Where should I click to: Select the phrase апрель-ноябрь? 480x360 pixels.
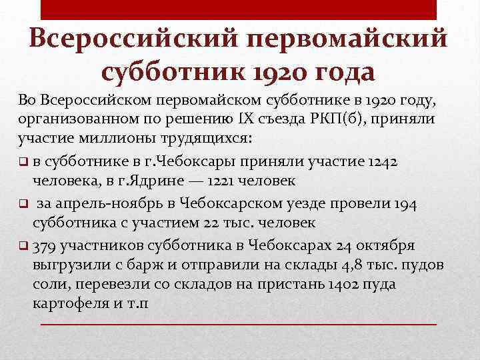click(107, 204)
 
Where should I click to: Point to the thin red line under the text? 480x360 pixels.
click(240, 324)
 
